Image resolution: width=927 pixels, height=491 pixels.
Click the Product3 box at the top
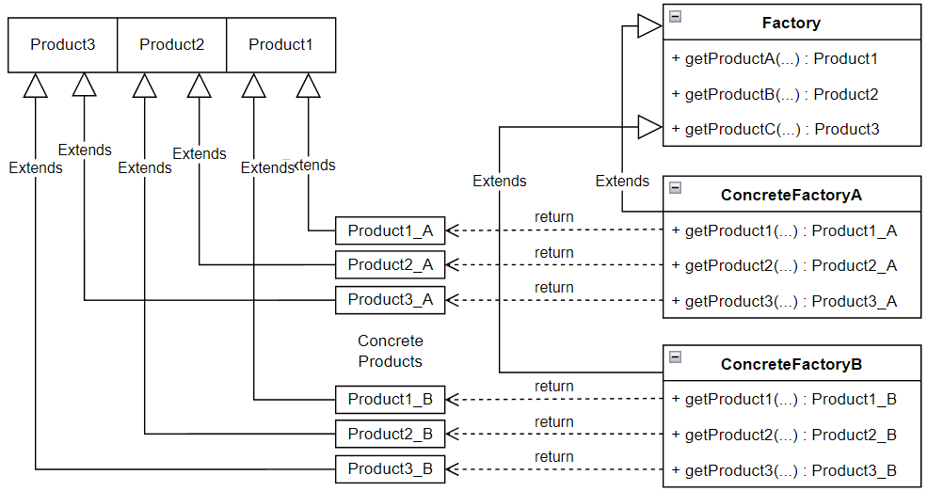pyautogui.click(x=62, y=44)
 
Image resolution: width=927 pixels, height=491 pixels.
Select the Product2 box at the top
pyautogui.click(x=171, y=44)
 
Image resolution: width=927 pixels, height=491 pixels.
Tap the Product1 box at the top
pyautogui.click(x=280, y=44)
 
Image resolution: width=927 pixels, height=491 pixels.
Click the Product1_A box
pyautogui.click(x=390, y=230)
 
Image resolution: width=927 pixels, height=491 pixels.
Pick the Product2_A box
pyautogui.click(x=390, y=265)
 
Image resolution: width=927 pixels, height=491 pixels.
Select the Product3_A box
pyautogui.click(x=390, y=300)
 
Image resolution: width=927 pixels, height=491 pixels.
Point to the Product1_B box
pyautogui.click(x=390, y=400)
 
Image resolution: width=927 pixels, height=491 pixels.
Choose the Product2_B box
pyautogui.click(x=390, y=435)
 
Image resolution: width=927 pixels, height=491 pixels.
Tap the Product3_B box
pyautogui.click(x=390, y=468)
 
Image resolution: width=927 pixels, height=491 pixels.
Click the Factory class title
pyautogui.click(x=791, y=23)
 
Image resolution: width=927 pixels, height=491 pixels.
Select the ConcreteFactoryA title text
pyautogui.click(x=791, y=196)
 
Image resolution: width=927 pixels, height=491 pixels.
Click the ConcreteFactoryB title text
pyautogui.click(x=791, y=364)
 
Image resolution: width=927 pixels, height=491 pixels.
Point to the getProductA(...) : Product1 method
pyautogui.click(x=775, y=58)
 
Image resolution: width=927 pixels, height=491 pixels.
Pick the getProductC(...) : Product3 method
pyautogui.click(x=775, y=129)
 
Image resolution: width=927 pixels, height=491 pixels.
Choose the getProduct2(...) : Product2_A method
pyautogui.click(x=784, y=266)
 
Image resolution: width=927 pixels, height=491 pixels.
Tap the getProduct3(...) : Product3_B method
pyautogui.click(x=784, y=470)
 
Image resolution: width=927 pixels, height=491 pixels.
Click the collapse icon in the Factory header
pyautogui.click(x=675, y=16)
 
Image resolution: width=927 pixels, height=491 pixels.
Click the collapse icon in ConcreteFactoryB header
pyautogui.click(x=675, y=357)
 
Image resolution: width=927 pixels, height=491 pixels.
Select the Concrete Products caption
pyautogui.click(x=390, y=351)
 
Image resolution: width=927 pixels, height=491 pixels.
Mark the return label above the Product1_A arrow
pyautogui.click(x=553, y=217)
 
